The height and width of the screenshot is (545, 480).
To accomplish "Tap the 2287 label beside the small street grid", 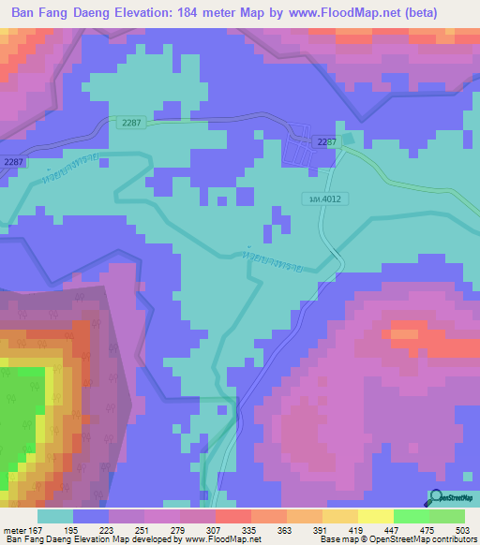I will pos(326,141).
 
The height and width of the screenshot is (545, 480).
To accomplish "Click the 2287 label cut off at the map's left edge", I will pos(12,162).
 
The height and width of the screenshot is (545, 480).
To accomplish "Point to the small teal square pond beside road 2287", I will pos(349,140).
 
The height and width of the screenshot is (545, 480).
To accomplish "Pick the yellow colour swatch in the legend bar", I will pos(374,516).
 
